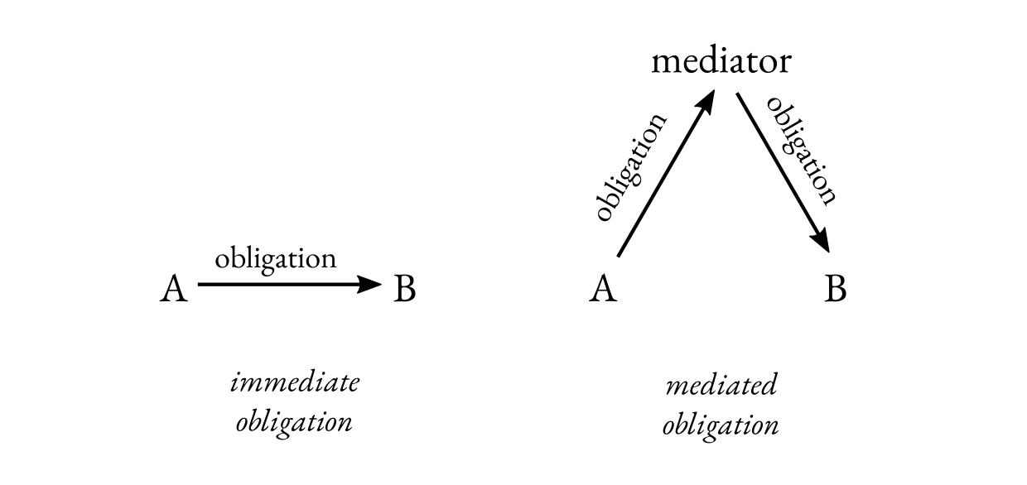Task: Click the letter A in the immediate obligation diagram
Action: click(x=173, y=289)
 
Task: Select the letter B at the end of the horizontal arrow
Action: click(x=404, y=289)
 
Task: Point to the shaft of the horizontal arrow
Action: click(x=273, y=285)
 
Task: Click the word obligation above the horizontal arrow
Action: click(x=275, y=258)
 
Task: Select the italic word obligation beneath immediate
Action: click(x=294, y=423)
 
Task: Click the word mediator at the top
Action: click(x=721, y=62)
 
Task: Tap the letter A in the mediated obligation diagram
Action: click(x=603, y=289)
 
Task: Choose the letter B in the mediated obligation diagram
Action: click(x=836, y=289)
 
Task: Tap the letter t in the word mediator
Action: click(x=755, y=62)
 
